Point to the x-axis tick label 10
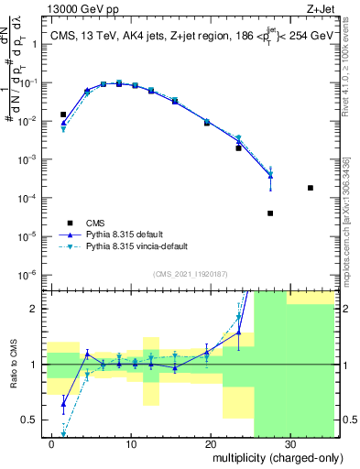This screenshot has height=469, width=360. point(132,445)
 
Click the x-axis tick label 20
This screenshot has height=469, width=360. point(211,445)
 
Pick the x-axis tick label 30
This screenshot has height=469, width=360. point(289,445)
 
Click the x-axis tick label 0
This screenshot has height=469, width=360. point(52,445)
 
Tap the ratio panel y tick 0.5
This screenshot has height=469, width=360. point(33,420)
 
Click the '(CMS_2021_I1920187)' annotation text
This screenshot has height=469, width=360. point(190,274)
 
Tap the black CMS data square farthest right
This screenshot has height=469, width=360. point(311,188)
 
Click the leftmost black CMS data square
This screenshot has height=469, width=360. point(63,115)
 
